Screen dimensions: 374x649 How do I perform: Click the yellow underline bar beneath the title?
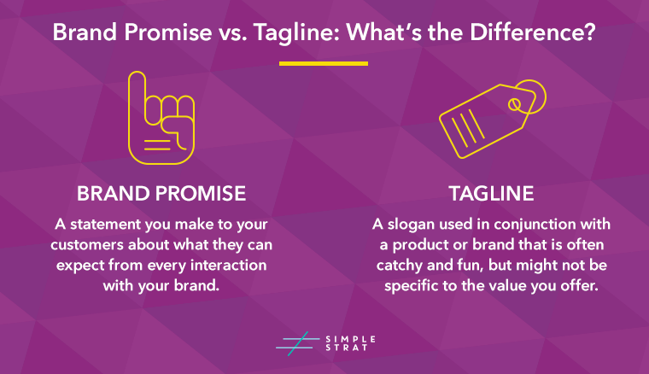click(x=324, y=63)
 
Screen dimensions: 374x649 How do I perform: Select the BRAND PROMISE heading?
click(x=161, y=194)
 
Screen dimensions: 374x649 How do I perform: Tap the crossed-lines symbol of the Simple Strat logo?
click(x=294, y=342)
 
